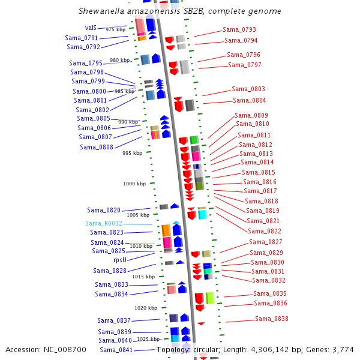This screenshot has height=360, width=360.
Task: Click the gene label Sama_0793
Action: (x=239, y=29)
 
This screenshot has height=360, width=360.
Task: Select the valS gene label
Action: (x=91, y=28)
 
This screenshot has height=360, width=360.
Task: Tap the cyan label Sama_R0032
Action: (x=104, y=223)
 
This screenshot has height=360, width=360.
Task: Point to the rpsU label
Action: (x=120, y=260)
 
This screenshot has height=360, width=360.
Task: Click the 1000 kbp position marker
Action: (x=134, y=184)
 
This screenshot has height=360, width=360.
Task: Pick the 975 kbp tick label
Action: (x=116, y=29)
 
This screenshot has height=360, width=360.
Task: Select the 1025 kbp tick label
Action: (x=148, y=339)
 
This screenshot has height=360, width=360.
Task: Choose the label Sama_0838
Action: (x=271, y=319)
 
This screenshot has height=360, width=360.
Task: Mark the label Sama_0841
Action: (x=116, y=350)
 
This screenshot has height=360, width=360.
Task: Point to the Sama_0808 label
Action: (x=97, y=147)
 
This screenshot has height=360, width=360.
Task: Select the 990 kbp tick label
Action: (x=128, y=122)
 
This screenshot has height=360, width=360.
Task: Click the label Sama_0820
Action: (x=104, y=210)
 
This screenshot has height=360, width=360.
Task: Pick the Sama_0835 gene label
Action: (x=269, y=293)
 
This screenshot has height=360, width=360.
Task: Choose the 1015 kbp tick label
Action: (x=143, y=277)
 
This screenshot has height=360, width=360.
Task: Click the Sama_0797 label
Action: (x=245, y=65)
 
